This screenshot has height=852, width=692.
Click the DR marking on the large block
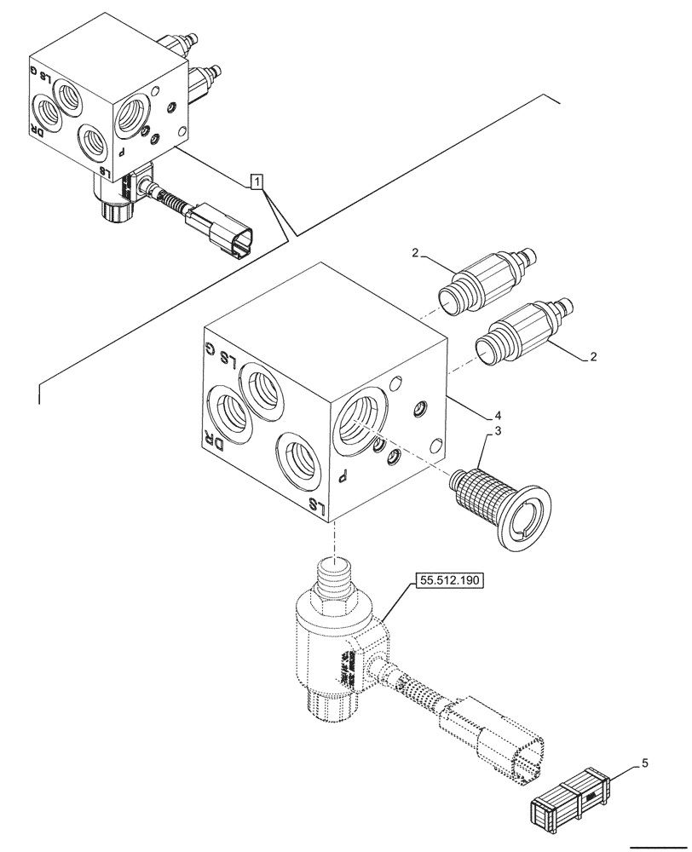pyautogui.click(x=213, y=442)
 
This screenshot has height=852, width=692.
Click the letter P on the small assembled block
pyautogui.click(x=122, y=150)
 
